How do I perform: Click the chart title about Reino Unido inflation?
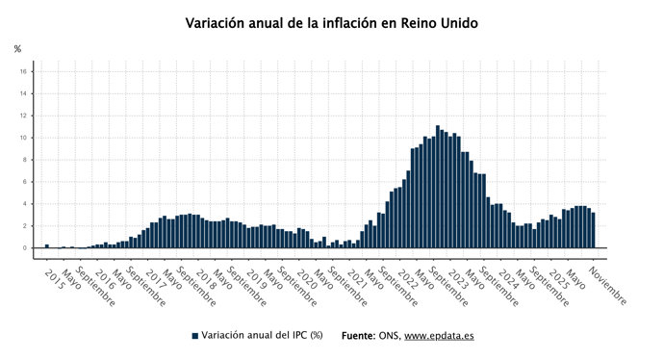(x=331, y=22)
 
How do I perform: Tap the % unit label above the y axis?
(x=17, y=49)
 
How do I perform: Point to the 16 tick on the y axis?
(x=23, y=71)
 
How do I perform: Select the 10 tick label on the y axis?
(x=23, y=138)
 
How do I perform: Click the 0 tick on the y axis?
(x=25, y=247)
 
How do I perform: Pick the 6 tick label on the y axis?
(x=25, y=182)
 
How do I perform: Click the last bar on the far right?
(x=593, y=231)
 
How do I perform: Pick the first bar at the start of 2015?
(x=47, y=245)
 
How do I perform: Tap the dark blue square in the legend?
(x=195, y=336)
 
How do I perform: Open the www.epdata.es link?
(x=439, y=336)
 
